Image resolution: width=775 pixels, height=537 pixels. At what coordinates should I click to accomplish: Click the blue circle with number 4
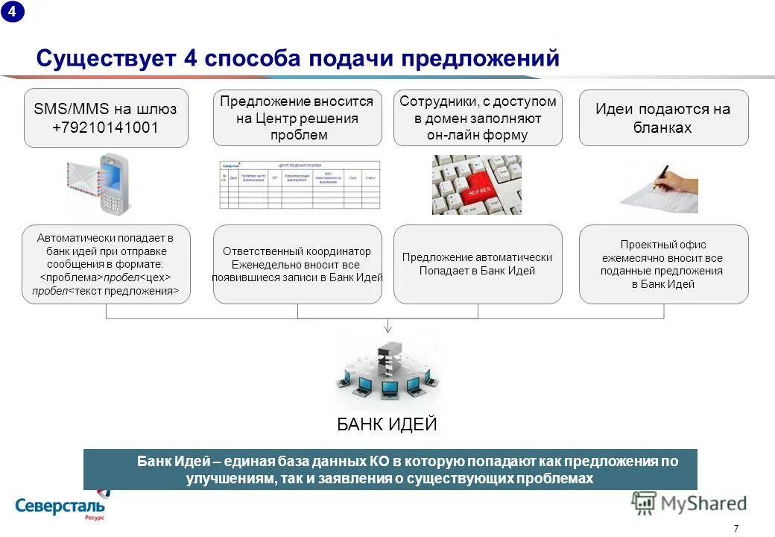(x=12, y=12)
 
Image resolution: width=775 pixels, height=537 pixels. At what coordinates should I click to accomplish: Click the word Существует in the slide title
(x=104, y=58)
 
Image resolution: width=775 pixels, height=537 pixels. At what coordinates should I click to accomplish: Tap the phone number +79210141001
(x=105, y=128)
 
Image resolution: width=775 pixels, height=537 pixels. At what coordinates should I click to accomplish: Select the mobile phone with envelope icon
(x=101, y=183)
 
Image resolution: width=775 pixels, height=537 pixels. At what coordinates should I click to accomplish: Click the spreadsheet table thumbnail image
(x=299, y=184)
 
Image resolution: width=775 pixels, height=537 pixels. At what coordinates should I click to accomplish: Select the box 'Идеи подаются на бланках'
(x=663, y=118)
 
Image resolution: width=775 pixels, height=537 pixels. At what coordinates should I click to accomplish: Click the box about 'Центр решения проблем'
(x=297, y=118)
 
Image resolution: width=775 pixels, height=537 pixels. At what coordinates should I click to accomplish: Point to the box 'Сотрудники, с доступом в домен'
(x=478, y=118)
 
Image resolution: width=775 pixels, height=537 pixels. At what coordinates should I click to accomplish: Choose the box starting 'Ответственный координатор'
(x=297, y=264)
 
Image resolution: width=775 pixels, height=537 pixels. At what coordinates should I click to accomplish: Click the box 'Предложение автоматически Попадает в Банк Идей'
(x=478, y=264)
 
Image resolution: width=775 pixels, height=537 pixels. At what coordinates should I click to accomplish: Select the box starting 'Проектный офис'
(x=663, y=264)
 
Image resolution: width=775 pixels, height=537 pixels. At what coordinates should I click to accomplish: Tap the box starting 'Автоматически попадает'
(x=106, y=264)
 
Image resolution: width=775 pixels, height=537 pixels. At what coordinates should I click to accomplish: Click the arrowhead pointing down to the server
(x=387, y=327)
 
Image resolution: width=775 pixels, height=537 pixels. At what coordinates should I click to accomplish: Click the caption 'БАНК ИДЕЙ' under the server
(x=387, y=425)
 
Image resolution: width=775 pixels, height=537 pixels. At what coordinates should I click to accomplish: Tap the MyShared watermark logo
(x=689, y=503)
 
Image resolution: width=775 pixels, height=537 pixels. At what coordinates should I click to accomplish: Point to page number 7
(x=736, y=528)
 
